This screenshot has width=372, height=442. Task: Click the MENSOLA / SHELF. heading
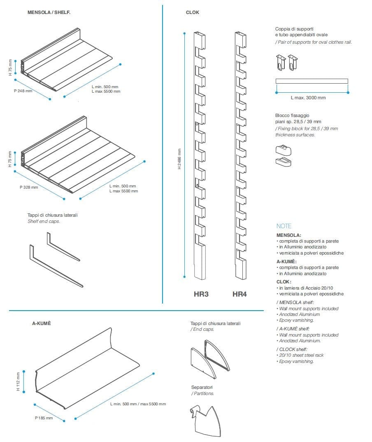tap(49, 13)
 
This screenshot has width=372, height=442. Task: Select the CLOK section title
tap(192, 13)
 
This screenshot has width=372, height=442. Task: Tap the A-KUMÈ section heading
tap(42, 323)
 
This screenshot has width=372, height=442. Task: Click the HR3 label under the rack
tap(201, 294)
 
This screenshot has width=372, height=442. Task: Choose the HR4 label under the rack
tap(239, 294)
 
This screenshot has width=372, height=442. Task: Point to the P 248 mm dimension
tap(23, 91)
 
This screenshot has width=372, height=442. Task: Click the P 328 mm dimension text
tap(29, 187)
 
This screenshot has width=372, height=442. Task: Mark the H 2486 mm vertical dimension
tap(179, 159)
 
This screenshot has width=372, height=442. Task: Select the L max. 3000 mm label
tap(308, 98)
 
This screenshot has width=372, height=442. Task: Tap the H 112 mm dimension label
tap(18, 382)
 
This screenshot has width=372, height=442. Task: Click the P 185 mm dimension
tap(44, 418)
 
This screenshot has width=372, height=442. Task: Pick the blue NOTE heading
tap(284, 226)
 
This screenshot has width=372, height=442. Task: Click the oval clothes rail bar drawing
tap(312, 81)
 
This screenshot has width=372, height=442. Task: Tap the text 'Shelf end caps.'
tap(44, 221)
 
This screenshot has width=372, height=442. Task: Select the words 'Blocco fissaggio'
tap(292, 115)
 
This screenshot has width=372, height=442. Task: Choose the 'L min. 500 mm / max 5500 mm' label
tap(138, 404)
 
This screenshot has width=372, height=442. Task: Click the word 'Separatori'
tap(202, 388)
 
